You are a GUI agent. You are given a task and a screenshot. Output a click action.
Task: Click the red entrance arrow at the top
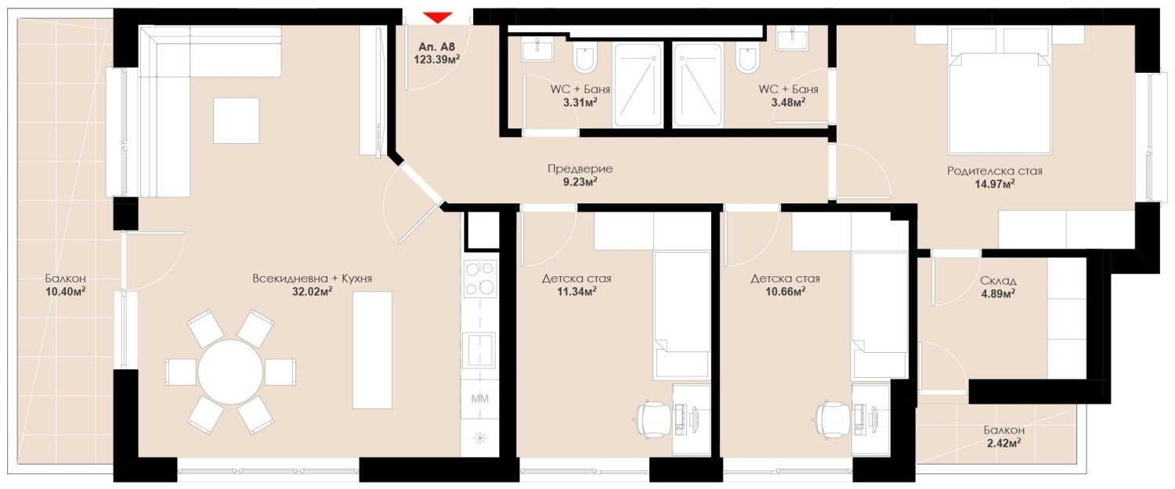point(437,18)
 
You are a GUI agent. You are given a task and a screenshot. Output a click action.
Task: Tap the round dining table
point(230,372)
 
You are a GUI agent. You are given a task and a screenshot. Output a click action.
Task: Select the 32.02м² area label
point(312,291)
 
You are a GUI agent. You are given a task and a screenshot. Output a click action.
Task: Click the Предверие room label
point(580,169)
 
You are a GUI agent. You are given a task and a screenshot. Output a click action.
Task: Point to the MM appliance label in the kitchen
point(479,399)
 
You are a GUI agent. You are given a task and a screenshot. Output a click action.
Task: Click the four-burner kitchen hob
point(480,279)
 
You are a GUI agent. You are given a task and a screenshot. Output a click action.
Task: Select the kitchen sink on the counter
point(479,350)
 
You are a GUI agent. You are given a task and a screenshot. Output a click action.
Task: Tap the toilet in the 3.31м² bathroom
point(584,59)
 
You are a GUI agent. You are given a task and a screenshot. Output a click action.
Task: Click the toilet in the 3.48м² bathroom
point(747,59)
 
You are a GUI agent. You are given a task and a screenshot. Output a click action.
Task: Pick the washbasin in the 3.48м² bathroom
point(793,39)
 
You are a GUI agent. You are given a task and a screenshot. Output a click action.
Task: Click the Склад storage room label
point(998,281)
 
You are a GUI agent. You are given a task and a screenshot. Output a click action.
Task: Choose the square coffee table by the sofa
point(236,120)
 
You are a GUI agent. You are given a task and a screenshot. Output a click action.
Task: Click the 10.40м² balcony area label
point(66,291)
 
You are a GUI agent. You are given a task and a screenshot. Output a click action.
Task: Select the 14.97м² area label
point(995,184)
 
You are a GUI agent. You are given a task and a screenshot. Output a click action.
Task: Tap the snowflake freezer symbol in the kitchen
point(479,438)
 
